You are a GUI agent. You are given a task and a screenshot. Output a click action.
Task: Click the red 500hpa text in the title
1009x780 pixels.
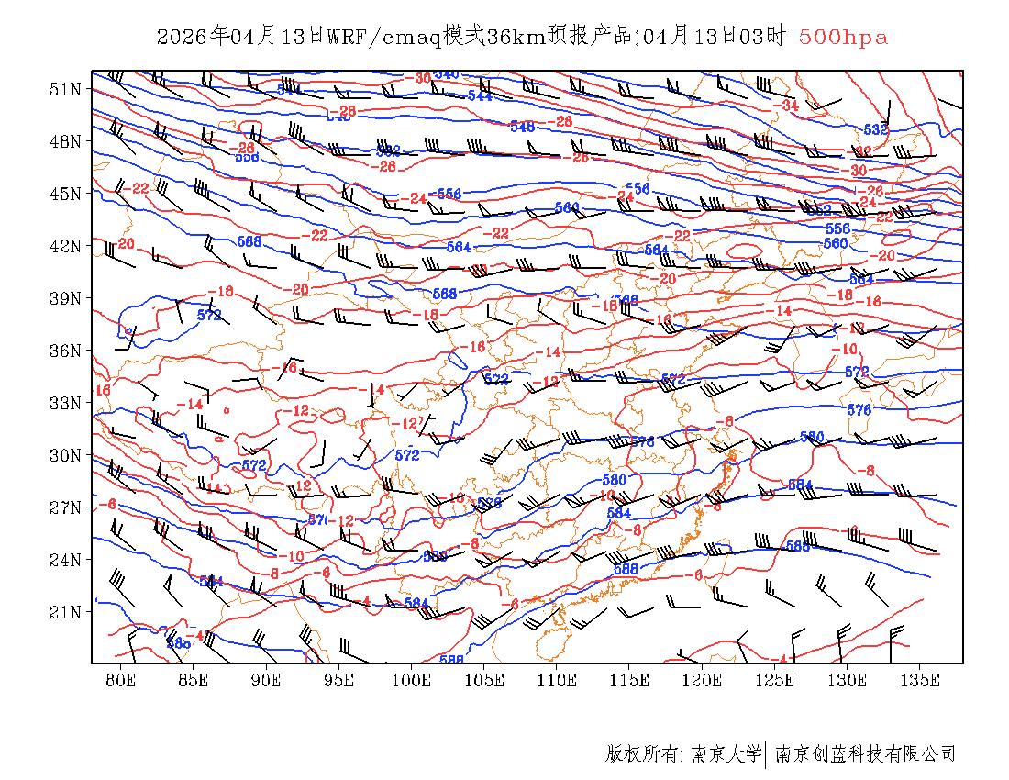click(x=843, y=38)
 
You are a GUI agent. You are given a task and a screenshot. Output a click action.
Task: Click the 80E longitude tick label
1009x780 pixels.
click(x=121, y=680)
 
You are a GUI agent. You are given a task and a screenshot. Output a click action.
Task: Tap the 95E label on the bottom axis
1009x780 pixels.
click(x=339, y=680)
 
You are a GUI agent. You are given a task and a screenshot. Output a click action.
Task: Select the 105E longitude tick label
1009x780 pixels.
click(x=484, y=680)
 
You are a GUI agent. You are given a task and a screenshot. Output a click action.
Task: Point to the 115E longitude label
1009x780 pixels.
click(x=629, y=680)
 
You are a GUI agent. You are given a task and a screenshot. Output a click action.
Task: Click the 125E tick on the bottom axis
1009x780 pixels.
click(x=775, y=680)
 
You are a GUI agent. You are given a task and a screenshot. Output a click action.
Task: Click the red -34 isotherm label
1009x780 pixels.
click(x=785, y=106)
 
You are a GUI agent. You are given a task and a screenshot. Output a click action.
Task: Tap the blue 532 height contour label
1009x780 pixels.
click(x=876, y=130)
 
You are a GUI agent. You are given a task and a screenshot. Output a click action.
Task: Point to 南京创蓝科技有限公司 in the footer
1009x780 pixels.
click(x=866, y=754)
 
